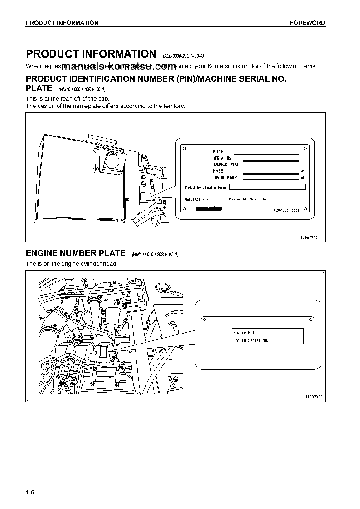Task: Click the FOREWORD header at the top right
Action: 307,23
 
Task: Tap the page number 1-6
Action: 30,493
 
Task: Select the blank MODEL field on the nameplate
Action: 266,151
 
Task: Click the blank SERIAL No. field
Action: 271,158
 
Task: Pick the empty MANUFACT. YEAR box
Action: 271,165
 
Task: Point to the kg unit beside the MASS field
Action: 302,171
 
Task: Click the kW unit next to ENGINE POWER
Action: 302,178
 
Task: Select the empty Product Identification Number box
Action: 267,187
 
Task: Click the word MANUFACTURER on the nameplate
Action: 197,199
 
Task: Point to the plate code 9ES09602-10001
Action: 287,210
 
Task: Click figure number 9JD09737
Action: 310,237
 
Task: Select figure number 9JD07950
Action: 313,397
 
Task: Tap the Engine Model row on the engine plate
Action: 267,333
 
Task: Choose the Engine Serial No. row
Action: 267,340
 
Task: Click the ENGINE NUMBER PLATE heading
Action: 75,253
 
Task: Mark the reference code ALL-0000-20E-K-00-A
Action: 183,56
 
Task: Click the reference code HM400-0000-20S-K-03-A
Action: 155,255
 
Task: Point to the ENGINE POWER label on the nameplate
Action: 225,178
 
